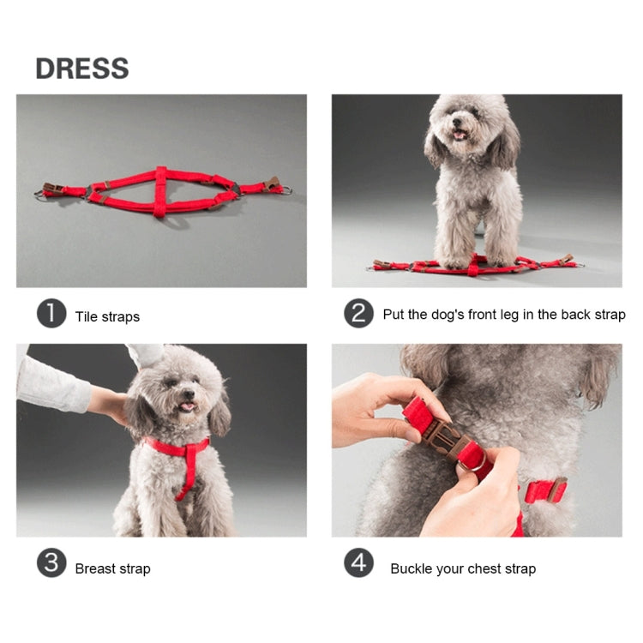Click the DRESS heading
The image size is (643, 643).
[x=82, y=69]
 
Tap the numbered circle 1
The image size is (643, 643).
[x=51, y=315]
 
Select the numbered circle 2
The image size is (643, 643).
[x=358, y=315]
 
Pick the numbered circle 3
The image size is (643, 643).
[x=51, y=563]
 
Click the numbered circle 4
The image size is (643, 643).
[x=358, y=563]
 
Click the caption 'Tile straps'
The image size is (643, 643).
[x=107, y=316]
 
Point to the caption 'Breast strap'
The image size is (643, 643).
[x=112, y=568]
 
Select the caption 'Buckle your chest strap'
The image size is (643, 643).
[x=463, y=568]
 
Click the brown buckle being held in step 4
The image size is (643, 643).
[x=448, y=439]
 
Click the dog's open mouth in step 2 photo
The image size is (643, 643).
[x=460, y=134]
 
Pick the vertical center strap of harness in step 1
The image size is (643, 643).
[x=160, y=192]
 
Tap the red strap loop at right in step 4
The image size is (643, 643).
[x=544, y=490]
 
